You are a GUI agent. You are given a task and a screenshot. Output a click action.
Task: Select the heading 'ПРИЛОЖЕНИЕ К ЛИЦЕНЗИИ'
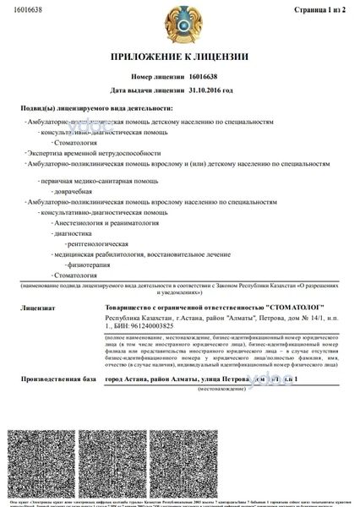click(x=180, y=57)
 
